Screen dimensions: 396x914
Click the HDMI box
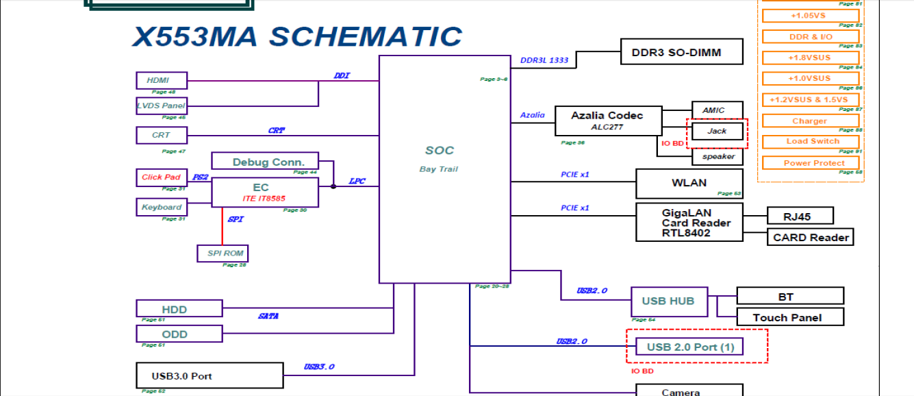point(162,80)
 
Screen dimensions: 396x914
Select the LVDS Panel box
point(162,106)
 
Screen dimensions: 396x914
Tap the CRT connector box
point(162,135)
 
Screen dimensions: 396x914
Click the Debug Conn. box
point(265,162)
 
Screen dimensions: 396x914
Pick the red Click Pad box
point(162,177)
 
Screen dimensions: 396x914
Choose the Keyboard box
point(162,207)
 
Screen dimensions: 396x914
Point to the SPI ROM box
point(223,253)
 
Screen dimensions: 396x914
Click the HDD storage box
point(179,309)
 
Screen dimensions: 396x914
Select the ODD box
point(179,334)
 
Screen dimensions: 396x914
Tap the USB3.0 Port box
point(210,375)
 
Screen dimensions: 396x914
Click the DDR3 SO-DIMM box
point(681,52)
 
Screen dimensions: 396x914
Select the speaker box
point(718,156)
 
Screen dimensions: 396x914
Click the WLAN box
point(689,183)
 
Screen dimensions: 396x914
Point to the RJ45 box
point(799,216)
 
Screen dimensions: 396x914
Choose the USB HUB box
point(668,301)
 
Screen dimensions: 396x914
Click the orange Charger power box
point(811,121)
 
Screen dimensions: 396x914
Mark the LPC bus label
point(357,182)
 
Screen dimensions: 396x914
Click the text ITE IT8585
point(264,199)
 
